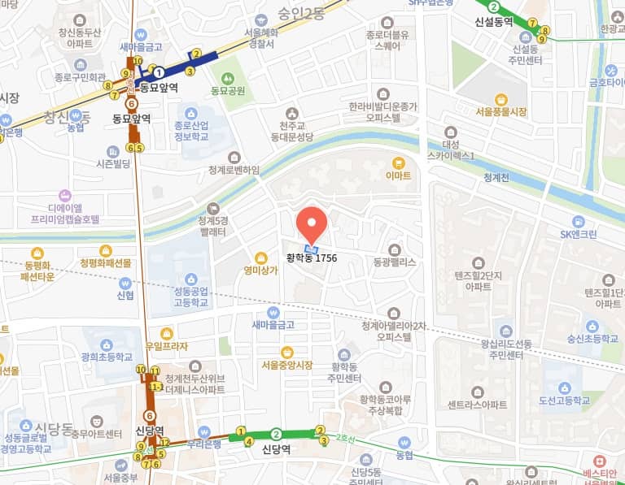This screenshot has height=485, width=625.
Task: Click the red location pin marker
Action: [x=311, y=224]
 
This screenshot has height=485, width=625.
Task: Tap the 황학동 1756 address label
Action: [x=311, y=258]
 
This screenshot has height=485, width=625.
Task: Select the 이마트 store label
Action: [x=398, y=175]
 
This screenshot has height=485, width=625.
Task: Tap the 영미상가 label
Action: [x=260, y=271]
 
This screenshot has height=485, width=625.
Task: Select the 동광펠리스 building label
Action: [x=395, y=262]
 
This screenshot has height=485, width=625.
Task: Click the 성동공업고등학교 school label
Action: [x=190, y=297]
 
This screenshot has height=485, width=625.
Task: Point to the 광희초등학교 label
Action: [x=107, y=357]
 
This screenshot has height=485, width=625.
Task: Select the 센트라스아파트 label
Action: [x=477, y=404]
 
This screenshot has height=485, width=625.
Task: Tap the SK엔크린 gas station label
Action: [x=578, y=234]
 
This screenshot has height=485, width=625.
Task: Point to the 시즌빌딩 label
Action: [x=113, y=163]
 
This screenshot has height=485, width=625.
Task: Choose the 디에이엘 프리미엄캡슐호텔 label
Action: [x=65, y=213]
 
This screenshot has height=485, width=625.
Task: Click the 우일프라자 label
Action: [x=166, y=346]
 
